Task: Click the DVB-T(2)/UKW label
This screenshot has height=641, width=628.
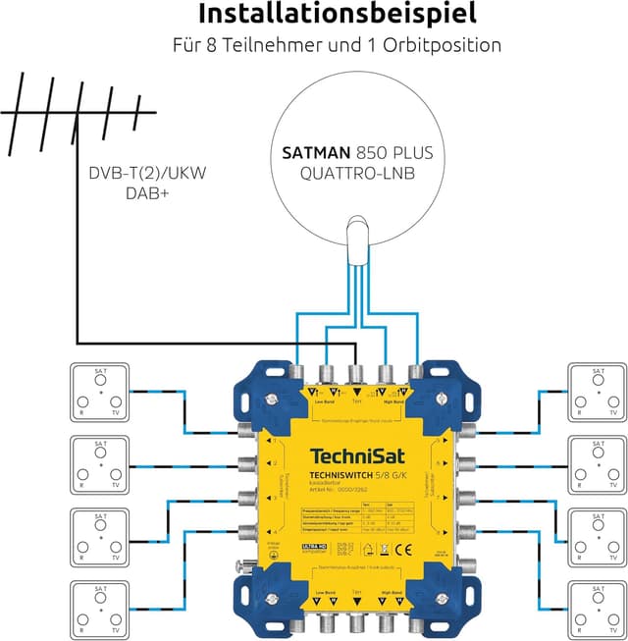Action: (x=147, y=174)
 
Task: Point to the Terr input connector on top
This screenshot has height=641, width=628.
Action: (x=356, y=372)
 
